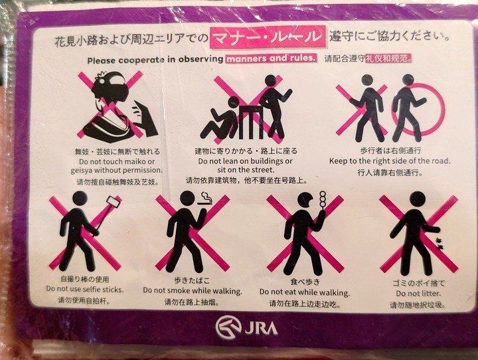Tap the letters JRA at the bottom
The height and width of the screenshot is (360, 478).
(x=261, y=328)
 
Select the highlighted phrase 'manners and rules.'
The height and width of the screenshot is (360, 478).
(x=271, y=58)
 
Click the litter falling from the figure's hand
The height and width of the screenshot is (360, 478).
(x=439, y=244)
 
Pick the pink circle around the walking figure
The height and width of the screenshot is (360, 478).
(x=418, y=109)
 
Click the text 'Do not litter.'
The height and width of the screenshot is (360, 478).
(x=418, y=294)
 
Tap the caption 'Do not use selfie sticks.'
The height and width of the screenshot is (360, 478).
(x=85, y=289)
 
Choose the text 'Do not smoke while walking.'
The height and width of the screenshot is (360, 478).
(x=193, y=291)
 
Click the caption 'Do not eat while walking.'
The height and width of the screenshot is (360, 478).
(x=305, y=292)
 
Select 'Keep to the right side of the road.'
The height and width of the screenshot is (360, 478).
(x=390, y=161)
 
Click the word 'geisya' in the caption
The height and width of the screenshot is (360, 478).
(x=82, y=170)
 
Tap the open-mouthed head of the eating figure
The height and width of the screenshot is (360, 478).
(x=306, y=201)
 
